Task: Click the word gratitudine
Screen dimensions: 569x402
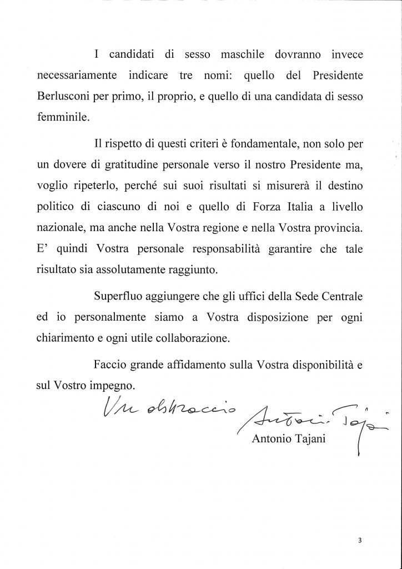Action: [x=123, y=166]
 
